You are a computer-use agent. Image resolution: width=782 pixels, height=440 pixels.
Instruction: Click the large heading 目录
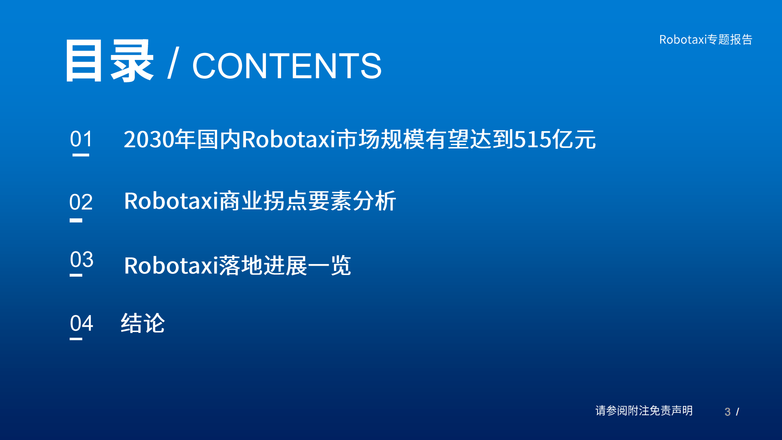109,61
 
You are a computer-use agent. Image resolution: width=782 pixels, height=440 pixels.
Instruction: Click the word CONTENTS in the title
286,66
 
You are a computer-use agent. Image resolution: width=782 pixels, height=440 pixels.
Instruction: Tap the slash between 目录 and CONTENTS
173,63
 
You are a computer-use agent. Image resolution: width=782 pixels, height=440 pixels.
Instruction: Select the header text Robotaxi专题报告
705,40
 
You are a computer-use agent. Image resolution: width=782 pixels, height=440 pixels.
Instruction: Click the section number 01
81,139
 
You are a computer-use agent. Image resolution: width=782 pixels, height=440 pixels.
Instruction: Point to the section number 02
81,202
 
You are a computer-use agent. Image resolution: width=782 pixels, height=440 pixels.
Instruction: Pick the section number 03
81,260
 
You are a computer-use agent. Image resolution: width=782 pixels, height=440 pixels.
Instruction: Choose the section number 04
81,323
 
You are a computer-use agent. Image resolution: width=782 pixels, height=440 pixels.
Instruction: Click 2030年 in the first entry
159,139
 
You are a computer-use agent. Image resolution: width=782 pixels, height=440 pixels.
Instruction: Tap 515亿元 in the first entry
555,139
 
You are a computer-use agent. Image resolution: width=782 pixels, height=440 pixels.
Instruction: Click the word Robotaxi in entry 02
171,201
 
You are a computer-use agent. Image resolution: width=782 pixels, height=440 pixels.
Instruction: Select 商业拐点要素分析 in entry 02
308,201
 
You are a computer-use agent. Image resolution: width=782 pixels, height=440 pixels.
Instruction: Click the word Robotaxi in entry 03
171,266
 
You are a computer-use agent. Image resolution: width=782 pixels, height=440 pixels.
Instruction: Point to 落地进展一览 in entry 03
285,266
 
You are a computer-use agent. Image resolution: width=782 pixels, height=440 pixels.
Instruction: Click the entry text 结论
143,323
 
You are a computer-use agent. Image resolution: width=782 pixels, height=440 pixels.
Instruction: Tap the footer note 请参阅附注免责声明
644,411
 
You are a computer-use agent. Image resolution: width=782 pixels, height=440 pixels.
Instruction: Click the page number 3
727,412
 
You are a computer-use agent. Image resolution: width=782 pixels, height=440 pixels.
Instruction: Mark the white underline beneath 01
81,155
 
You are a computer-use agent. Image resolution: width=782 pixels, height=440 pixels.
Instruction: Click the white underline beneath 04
76,339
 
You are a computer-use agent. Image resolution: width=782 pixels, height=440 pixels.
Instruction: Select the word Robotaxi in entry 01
288,139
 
